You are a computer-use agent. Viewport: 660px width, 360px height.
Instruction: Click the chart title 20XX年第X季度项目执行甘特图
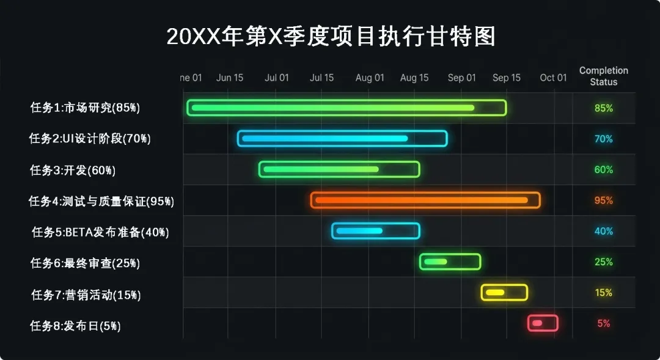[331, 37]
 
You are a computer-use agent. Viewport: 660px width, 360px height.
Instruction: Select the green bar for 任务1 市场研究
[346, 108]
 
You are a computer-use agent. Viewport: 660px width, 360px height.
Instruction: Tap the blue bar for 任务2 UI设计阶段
[342, 139]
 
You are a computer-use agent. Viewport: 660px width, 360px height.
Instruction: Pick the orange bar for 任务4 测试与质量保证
[425, 200]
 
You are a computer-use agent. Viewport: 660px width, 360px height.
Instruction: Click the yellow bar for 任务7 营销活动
[504, 293]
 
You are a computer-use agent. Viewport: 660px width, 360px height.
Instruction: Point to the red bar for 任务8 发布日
[543, 323]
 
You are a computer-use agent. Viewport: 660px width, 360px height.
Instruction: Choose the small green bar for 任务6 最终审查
[450, 262]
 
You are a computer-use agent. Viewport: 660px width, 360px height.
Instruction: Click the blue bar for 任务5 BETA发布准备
[376, 230]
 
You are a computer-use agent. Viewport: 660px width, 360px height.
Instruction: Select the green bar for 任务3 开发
[339, 169]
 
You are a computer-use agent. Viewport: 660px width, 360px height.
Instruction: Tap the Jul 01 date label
[277, 78]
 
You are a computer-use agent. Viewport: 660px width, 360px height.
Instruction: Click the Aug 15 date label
[414, 78]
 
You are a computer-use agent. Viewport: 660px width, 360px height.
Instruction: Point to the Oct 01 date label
[553, 78]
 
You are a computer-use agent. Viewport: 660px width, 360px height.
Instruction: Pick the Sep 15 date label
[507, 78]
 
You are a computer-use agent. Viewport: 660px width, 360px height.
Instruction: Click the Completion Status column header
[603, 76]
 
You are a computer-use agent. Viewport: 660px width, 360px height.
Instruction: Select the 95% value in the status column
[603, 200]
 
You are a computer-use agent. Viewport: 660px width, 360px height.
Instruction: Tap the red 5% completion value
[603, 323]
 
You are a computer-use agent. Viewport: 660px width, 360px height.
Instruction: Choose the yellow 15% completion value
[603, 293]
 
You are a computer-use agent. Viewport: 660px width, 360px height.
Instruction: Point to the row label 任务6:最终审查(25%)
[85, 263]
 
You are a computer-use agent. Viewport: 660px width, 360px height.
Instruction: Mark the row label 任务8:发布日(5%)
[75, 326]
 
